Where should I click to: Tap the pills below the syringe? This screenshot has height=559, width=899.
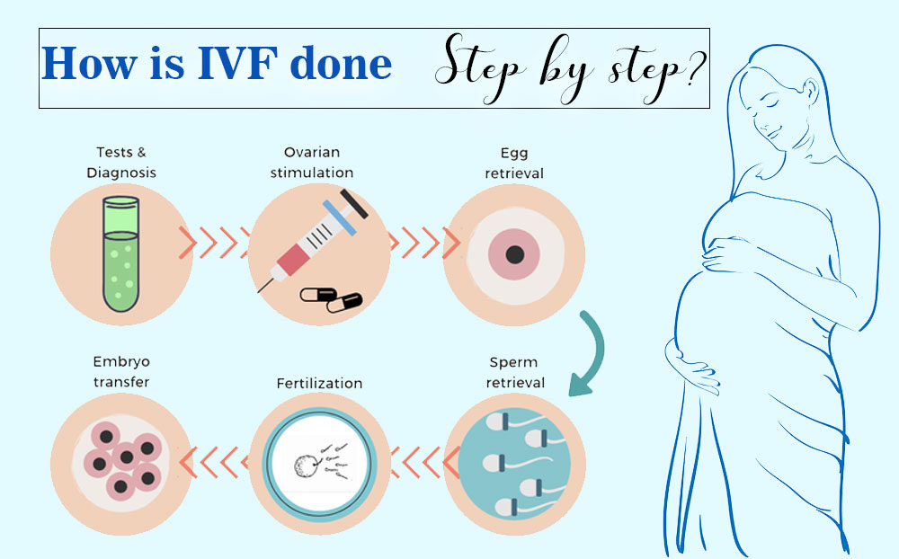tap(330, 298)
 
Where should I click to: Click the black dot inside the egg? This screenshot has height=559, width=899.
tap(514, 253)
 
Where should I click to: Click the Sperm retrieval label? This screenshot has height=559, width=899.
tap(514, 372)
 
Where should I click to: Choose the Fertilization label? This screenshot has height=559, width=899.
tap(319, 384)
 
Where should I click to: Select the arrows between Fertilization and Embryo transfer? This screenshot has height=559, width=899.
tap(216, 461)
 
